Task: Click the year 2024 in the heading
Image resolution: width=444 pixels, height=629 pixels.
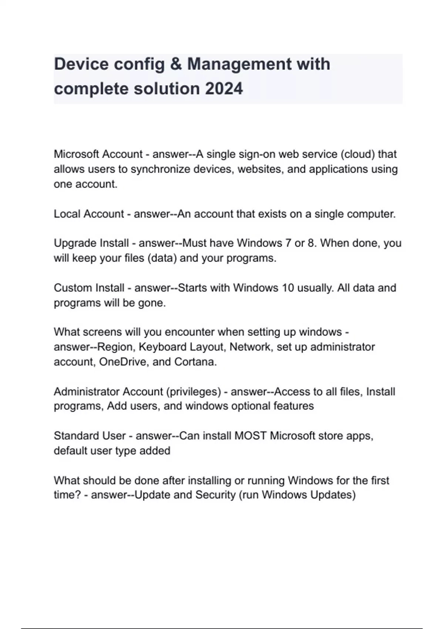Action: pos(224,89)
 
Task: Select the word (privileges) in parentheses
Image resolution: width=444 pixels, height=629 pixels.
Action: pos(194,391)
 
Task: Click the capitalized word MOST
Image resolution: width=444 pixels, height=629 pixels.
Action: pos(250,436)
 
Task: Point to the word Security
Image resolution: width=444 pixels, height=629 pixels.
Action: pos(215,495)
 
